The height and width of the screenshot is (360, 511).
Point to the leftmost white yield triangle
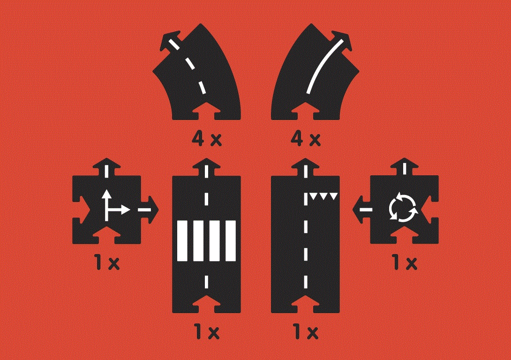pos(313,196)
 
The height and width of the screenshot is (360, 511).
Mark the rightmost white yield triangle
pos(333,196)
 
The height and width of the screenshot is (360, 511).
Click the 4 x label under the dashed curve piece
pos(207,139)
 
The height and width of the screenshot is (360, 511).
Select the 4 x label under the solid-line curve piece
pos(306,139)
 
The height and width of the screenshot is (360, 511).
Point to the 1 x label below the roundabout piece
pos(405,262)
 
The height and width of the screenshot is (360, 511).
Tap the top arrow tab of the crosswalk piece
pos(206,167)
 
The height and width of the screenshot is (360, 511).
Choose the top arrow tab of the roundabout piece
pos(405,167)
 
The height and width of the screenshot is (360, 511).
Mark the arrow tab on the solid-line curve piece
pos(340,40)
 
